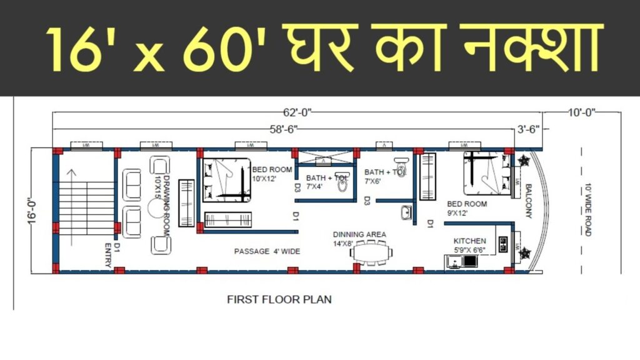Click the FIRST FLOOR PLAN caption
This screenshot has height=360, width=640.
[x=279, y=299]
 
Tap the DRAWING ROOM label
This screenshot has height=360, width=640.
[x=162, y=195]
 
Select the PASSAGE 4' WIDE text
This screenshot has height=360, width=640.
[x=267, y=251]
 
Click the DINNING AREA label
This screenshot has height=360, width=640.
[x=359, y=234]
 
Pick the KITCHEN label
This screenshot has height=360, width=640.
[x=470, y=241]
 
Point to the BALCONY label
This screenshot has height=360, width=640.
[x=528, y=201]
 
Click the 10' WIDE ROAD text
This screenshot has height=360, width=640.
[x=588, y=210]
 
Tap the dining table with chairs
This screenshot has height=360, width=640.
[x=372, y=252]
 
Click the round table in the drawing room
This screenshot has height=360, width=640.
[x=155, y=211]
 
